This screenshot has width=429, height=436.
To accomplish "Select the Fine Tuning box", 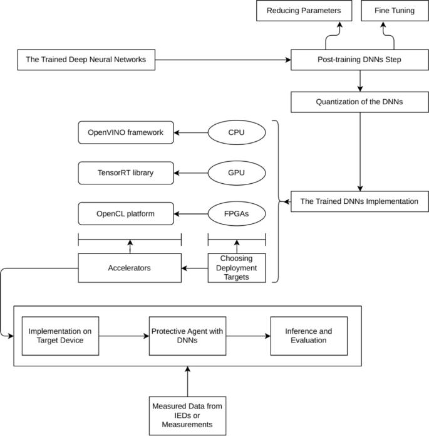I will tap(393, 11).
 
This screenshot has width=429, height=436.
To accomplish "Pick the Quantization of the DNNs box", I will tap(359, 100).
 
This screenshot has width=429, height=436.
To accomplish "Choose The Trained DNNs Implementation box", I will tap(359, 202).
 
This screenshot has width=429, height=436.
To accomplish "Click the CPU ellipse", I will tap(237, 132).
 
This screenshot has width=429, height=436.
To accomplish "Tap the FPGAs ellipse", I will tap(237, 213).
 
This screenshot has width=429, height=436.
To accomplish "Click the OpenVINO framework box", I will tap(125, 132).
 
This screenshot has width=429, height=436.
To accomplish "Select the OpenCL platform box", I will tap(125, 213).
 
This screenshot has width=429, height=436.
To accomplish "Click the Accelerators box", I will tap(130, 268).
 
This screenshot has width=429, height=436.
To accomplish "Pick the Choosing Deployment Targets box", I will tap(237, 268).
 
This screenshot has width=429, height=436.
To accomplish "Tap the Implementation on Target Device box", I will tap(61, 336).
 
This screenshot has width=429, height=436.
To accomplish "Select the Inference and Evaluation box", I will tap(309, 336).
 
